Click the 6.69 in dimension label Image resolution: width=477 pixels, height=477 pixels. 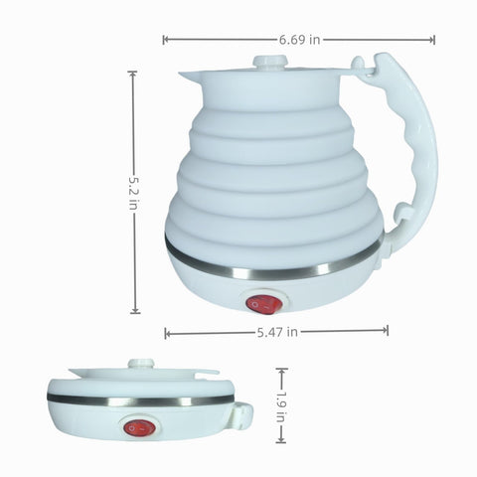point(299,40)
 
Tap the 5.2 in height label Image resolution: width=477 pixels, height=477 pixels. point(133,194)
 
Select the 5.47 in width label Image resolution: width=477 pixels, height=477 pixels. point(277,332)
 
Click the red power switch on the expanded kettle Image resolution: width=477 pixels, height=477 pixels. point(264,304)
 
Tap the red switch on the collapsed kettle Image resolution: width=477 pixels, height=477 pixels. point(139,429)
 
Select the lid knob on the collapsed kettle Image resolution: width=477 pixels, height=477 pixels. point(141,364)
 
